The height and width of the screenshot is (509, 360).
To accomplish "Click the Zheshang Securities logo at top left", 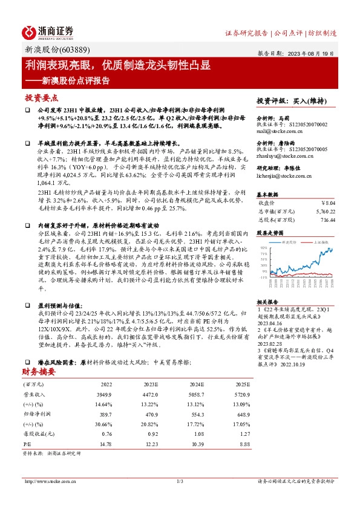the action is point(48,32).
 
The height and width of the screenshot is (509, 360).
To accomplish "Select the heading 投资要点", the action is point(42,97).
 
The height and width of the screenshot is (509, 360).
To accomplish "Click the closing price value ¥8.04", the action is point(327,204).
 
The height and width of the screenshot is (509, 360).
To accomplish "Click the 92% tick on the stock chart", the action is point(263,248).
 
